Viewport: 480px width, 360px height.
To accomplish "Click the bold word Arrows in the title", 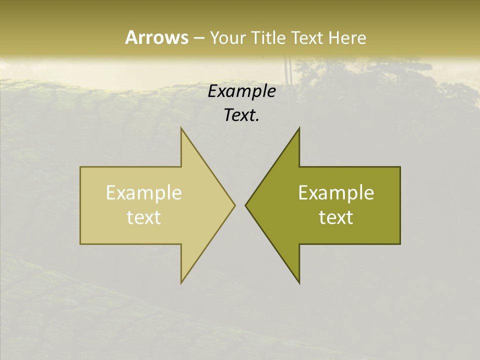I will [x=156, y=37].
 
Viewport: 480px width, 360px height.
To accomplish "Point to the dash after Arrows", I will [x=198, y=38].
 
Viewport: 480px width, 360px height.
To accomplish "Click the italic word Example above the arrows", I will [x=242, y=91].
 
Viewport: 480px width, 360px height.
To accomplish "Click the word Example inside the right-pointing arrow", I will [x=144, y=193].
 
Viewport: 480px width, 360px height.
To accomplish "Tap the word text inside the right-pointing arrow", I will [x=144, y=217].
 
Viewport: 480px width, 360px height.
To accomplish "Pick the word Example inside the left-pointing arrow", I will [x=336, y=193].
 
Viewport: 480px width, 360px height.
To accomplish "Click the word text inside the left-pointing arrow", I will [x=336, y=217].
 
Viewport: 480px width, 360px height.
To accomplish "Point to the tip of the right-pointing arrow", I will [x=234, y=205].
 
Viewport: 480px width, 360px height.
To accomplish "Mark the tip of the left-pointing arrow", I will [x=246, y=205].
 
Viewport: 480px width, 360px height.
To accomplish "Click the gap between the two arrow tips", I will [x=240, y=205].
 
